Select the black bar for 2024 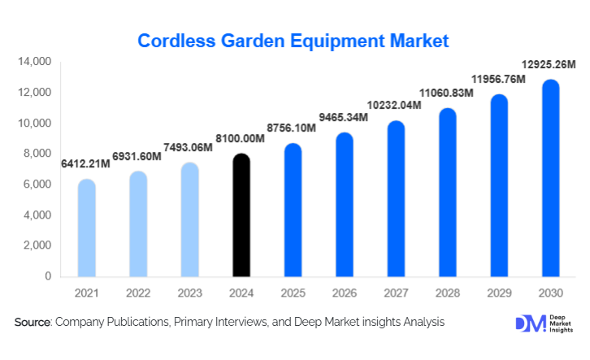241,215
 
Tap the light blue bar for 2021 86,228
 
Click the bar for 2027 397,199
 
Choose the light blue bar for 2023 189,219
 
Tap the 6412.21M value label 87,165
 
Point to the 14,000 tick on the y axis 34,62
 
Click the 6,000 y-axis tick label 37,184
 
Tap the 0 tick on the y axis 48,276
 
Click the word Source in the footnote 33,323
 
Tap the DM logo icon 529,323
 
